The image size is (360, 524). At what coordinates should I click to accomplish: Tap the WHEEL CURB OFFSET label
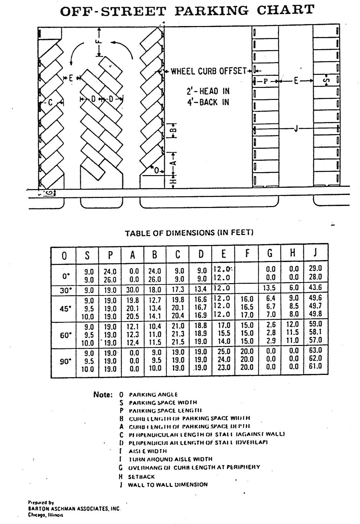[x=208, y=71]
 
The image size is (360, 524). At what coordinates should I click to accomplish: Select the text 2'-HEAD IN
[x=210, y=91]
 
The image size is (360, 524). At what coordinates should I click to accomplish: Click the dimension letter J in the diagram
[x=296, y=129]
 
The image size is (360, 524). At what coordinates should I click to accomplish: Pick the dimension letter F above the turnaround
[x=100, y=42]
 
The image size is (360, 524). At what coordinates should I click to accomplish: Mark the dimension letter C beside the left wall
[x=50, y=103]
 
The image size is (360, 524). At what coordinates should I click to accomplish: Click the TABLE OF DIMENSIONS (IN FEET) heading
[x=189, y=233]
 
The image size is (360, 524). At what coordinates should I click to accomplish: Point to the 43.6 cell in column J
[x=315, y=288]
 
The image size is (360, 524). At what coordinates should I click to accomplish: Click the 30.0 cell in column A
[x=132, y=290]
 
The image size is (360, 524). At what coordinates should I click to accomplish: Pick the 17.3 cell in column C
[x=177, y=289]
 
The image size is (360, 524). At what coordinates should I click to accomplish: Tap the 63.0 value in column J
[x=315, y=351]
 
